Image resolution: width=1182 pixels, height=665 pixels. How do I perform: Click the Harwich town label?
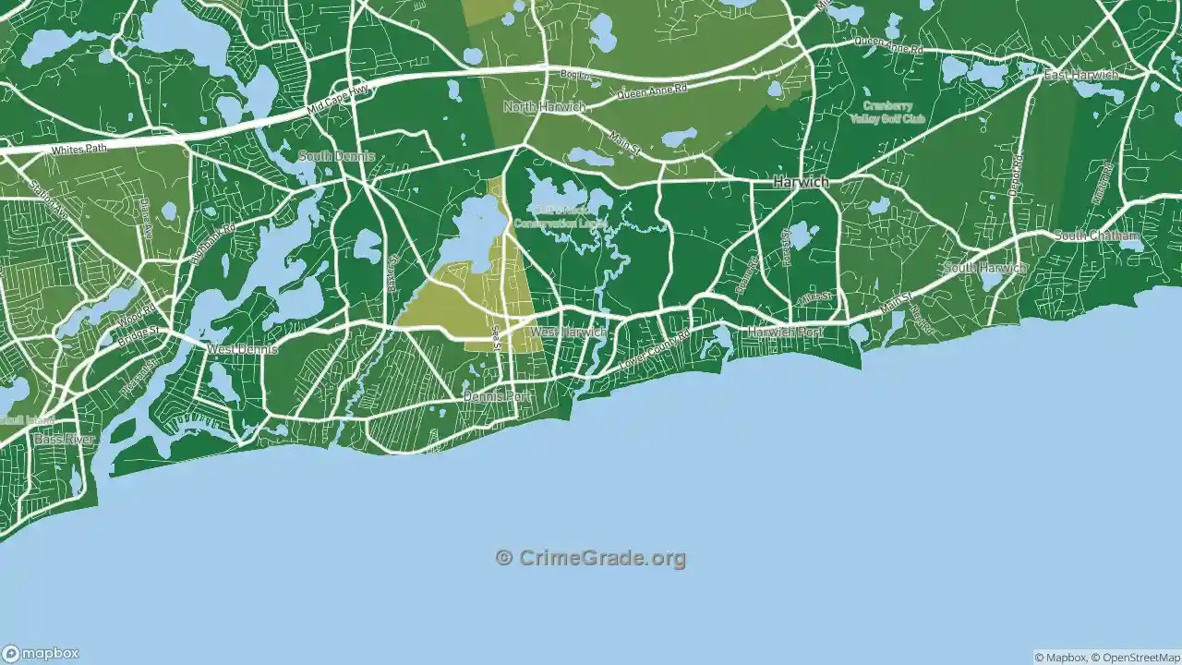tap(801, 183)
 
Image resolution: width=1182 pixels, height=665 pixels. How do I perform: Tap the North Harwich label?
tap(544, 107)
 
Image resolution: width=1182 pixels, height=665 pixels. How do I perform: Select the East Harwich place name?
tap(1080, 75)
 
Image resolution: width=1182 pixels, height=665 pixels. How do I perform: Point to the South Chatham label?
tap(1097, 236)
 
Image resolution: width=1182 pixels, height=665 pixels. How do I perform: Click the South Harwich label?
tap(983, 268)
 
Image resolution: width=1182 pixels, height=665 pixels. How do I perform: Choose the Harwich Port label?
tap(786, 332)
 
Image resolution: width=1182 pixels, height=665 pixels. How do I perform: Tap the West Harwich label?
tap(568, 332)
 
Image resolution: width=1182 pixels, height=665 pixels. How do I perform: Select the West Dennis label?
tap(242, 350)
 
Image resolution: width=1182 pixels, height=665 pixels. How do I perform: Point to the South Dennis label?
tap(336, 156)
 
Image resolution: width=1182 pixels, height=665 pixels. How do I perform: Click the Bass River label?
tap(65, 440)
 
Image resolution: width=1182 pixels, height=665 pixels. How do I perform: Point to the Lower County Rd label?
tap(655, 352)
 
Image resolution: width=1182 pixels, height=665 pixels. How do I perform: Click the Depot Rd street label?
tap(1017, 175)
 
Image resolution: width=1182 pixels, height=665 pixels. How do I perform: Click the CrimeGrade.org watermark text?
tap(591, 558)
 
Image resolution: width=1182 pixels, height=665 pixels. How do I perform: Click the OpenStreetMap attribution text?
tap(1135, 658)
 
